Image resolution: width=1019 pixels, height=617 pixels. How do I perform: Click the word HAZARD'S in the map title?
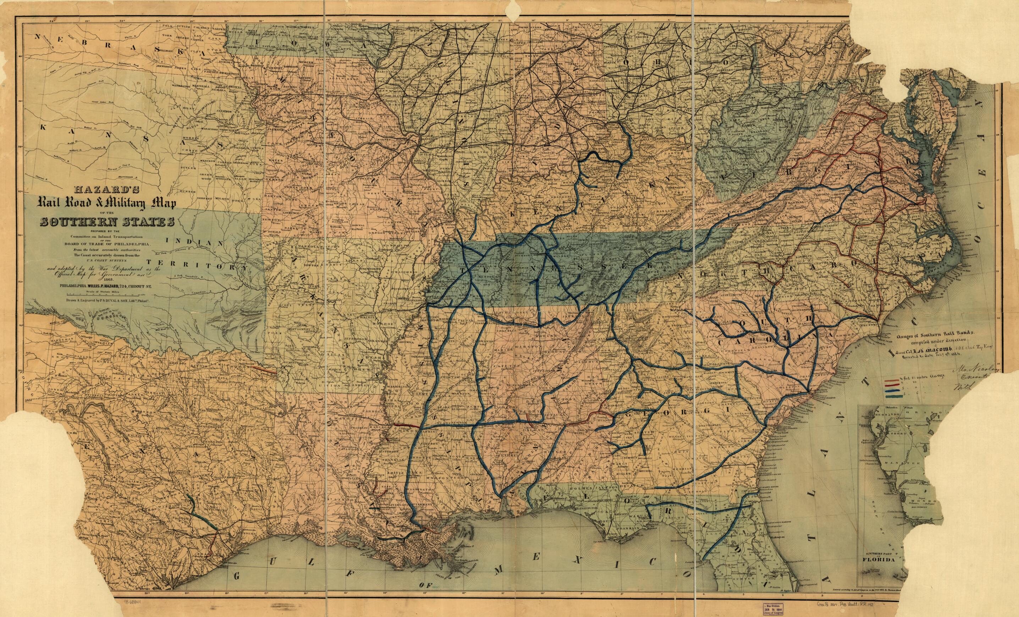[x=107, y=190]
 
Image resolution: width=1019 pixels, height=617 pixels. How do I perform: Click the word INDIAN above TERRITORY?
[x=194, y=242]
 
